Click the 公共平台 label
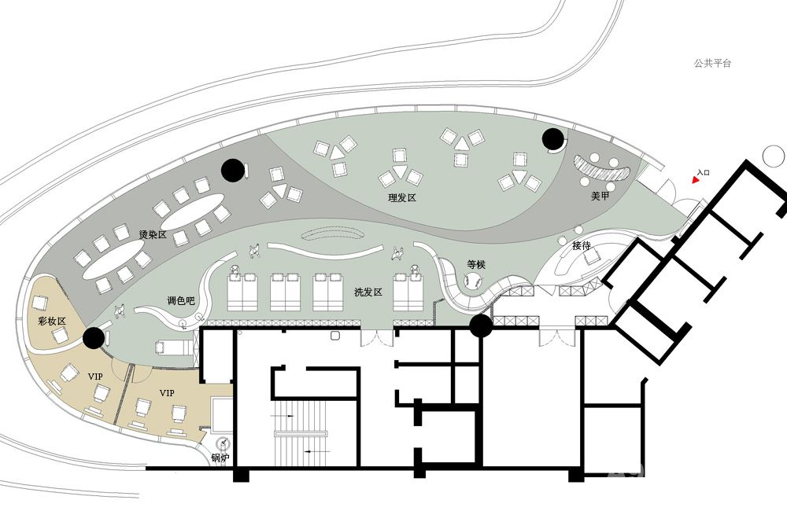(713, 63)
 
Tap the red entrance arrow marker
(695, 179)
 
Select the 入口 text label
(704, 172)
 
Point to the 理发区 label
(402, 197)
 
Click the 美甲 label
(600, 196)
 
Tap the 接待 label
(582, 246)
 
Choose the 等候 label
(476, 264)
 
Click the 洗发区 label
(368, 292)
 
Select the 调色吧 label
(181, 301)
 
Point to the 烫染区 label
(153, 234)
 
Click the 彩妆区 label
(52, 321)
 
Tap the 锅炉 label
(220, 458)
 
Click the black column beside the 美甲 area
(552, 139)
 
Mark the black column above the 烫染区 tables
(232, 170)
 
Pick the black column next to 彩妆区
(94, 338)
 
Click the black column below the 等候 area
(481, 326)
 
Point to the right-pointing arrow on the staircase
(282, 416)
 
